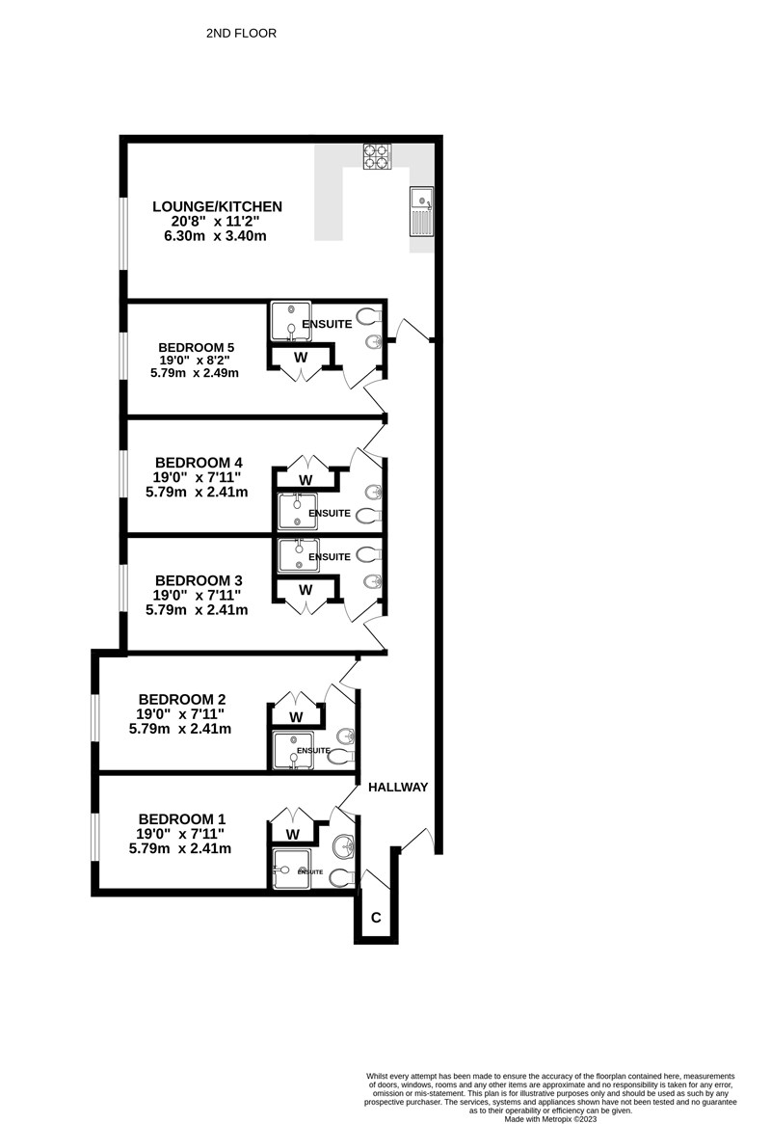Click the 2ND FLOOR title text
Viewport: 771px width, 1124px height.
(x=241, y=33)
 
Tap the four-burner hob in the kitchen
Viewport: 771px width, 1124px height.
(x=377, y=157)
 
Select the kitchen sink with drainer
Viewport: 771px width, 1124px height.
(x=420, y=211)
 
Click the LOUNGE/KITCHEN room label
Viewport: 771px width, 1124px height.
(x=217, y=206)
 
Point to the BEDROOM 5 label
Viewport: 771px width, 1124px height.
(x=197, y=348)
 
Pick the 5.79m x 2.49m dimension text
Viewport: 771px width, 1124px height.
(x=194, y=373)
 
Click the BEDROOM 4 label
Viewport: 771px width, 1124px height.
(x=194, y=463)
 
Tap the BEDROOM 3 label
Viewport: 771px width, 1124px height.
(x=199, y=580)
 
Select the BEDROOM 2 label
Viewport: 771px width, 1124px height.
(x=182, y=699)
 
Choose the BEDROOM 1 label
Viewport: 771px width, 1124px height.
(x=182, y=818)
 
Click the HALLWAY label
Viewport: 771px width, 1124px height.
(x=398, y=787)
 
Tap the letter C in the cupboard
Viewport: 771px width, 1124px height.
(x=376, y=918)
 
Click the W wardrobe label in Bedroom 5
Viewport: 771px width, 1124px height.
(x=301, y=357)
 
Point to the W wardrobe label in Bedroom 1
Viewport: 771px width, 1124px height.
(x=292, y=835)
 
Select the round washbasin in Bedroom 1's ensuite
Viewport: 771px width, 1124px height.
(x=345, y=845)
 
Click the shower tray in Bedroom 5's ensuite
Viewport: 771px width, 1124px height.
(x=291, y=321)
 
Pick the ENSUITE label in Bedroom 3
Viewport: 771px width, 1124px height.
(x=330, y=556)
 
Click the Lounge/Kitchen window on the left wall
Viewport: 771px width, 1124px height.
(x=123, y=233)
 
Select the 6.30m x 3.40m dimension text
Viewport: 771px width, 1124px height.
(x=215, y=236)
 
